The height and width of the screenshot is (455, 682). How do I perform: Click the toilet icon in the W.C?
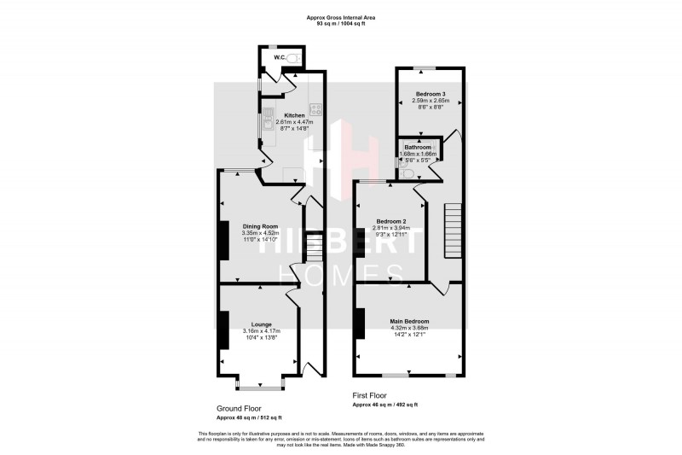pyautogui.click(x=293, y=58)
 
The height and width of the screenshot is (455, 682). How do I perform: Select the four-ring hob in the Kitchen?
pyautogui.click(x=315, y=109)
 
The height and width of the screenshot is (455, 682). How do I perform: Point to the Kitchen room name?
pyautogui.click(x=294, y=115)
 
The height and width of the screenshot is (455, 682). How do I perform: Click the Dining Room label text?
pyautogui.click(x=261, y=225)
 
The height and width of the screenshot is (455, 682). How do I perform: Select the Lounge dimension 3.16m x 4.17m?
pyautogui.click(x=261, y=330)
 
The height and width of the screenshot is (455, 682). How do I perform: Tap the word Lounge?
pyautogui.click(x=261, y=324)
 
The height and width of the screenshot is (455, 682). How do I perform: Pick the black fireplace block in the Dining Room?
pyautogui.click(x=223, y=240)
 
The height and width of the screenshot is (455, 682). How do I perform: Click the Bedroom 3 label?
pyautogui.click(x=430, y=94)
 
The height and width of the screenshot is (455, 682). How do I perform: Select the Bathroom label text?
pyautogui.click(x=419, y=147)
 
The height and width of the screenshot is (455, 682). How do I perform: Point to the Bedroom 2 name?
pyautogui.click(x=390, y=221)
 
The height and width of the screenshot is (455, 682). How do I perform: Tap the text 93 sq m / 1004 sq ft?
pyautogui.click(x=340, y=23)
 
